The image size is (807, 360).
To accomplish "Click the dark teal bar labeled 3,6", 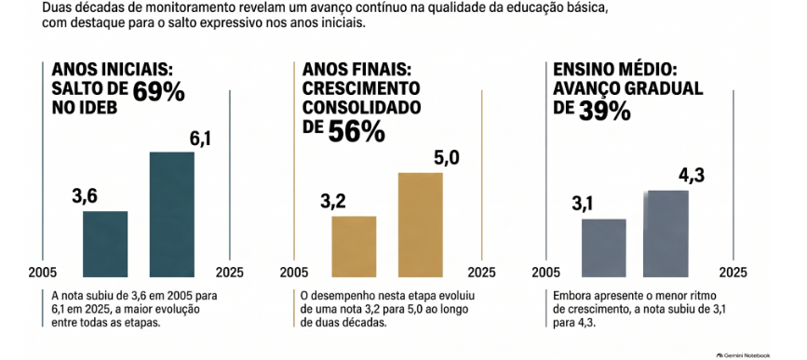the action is tap(105, 245).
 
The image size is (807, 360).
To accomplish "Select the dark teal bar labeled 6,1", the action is tap(172, 215).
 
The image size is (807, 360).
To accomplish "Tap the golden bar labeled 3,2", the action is tap(354, 247).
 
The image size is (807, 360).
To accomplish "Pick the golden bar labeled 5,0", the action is tap(421, 225).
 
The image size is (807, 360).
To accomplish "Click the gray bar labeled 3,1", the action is tap(604, 248).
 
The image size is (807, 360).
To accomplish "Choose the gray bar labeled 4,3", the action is tap(666, 234).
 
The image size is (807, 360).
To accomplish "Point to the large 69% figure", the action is tap(158, 92).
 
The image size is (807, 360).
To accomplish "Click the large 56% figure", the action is tap(356, 132).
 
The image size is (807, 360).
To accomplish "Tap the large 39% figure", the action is tap(605, 111).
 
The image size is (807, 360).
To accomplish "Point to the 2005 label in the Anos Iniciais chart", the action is tap(42, 272).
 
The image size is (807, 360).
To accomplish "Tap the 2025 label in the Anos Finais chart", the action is tap(482, 272).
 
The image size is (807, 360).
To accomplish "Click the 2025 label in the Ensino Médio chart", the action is tap(733, 272).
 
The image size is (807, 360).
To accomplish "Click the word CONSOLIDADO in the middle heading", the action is tap(361, 108).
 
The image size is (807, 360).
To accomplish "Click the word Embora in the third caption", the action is tap(568, 297).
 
